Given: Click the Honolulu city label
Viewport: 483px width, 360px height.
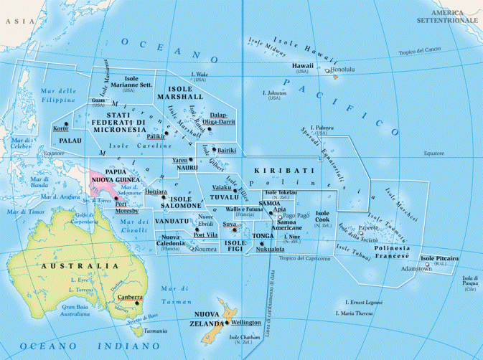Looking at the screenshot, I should coord(343,70).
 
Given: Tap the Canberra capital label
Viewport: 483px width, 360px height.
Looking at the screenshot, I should coord(130,297).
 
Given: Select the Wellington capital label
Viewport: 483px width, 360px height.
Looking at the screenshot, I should coord(246,323).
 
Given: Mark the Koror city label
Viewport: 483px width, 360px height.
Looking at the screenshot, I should coord(60,128).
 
